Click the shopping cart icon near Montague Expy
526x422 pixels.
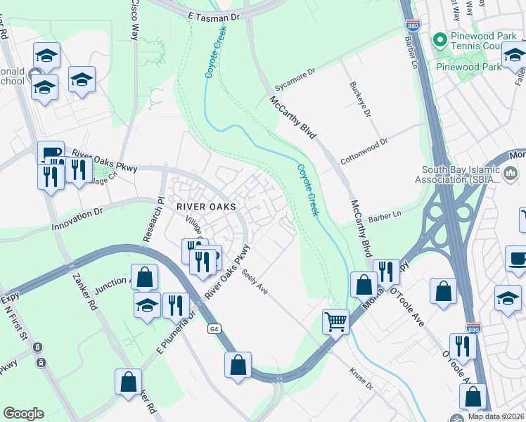[336, 321]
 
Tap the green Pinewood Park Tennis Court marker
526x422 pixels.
[441, 39]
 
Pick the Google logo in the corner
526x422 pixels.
[23, 414]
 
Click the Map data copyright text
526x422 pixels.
[496, 416]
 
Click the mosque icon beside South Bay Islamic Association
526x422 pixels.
[511, 172]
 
